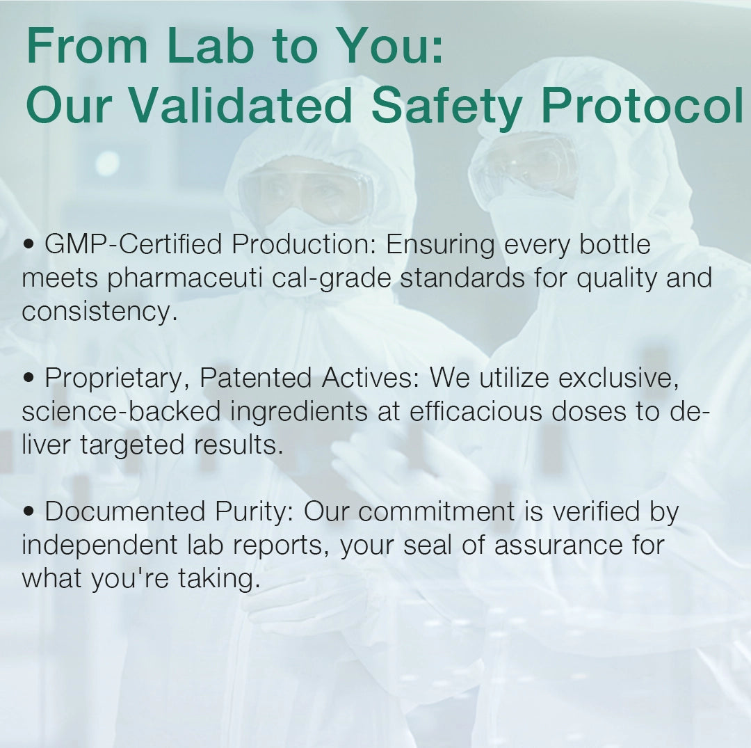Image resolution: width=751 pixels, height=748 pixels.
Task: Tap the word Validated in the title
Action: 241,105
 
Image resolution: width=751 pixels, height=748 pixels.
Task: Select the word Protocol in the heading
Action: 643,105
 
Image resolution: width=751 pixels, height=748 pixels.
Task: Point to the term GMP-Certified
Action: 133,244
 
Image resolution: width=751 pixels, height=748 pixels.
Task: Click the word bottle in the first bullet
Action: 615,244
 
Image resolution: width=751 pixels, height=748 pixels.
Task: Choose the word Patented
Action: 256,378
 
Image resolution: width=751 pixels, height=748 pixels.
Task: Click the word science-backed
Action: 121,411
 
